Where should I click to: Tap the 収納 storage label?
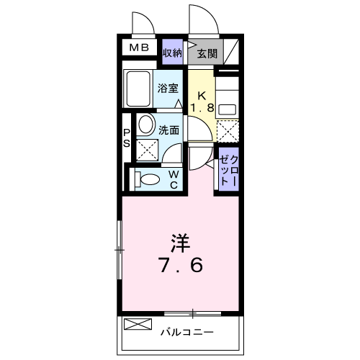[x=171, y=53]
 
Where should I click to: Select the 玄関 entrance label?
[x=206, y=53]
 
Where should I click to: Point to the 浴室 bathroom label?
[x=168, y=90]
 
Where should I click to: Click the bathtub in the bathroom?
[x=137, y=90]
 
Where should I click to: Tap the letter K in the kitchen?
[x=202, y=95]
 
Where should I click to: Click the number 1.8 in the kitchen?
[x=202, y=108]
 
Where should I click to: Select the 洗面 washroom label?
[x=169, y=132]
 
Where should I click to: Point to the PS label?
[x=127, y=138]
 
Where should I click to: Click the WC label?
[x=173, y=179]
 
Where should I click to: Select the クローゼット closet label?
[x=225, y=171]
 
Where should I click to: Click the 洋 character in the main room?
[x=180, y=241]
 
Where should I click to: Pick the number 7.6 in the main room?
[x=180, y=265]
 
